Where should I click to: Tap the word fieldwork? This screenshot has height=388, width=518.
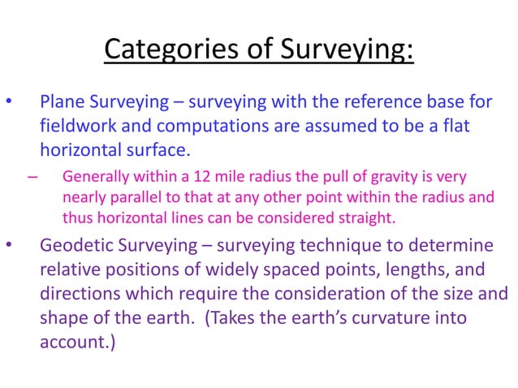coord(77,127)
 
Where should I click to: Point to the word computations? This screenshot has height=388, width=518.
coord(198,127)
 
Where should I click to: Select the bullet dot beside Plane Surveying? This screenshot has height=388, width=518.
coord(9,103)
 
